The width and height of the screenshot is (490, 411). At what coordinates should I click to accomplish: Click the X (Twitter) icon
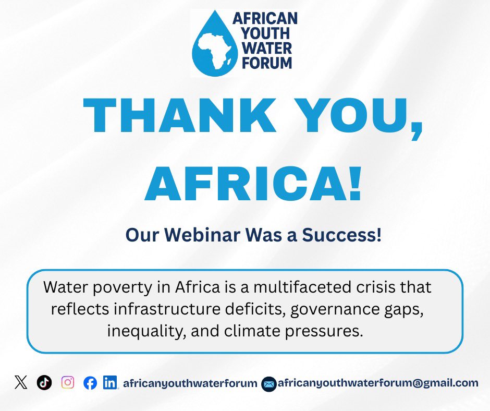21,383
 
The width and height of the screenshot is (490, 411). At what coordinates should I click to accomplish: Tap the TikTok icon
44,383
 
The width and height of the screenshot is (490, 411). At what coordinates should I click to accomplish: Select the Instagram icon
68,383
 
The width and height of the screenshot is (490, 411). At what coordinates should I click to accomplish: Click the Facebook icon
90,383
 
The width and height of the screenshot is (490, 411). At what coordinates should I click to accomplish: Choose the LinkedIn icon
110,383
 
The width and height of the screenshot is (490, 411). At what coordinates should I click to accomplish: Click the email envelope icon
269,384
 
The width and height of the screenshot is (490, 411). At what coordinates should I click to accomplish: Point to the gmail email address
378,383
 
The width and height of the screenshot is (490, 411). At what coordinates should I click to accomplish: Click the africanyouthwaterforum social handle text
190,383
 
